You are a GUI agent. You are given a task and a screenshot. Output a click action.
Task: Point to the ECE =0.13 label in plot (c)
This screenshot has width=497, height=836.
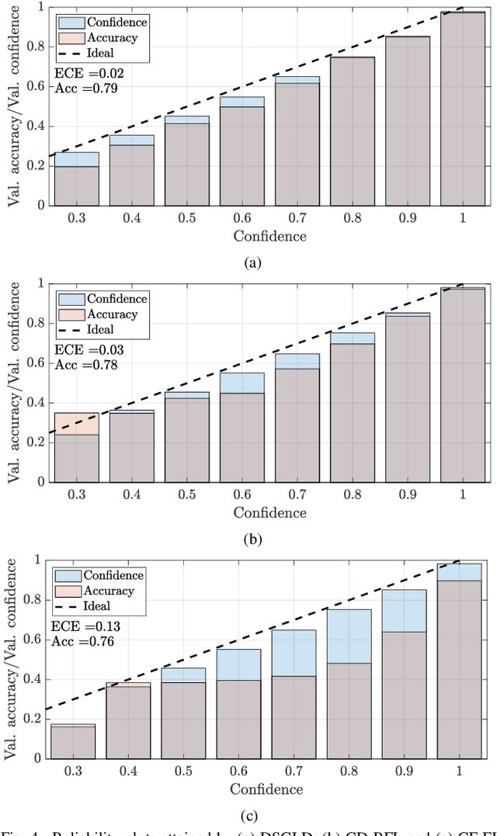[76, 626]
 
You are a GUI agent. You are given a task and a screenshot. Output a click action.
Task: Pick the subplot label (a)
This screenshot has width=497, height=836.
[252, 264]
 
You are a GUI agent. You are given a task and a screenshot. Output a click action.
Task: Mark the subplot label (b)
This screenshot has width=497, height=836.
[252, 540]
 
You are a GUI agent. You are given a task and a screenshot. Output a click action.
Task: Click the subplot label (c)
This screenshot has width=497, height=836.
[249, 816]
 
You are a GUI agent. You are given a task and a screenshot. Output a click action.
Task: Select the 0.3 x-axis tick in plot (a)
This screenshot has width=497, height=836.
[76, 219]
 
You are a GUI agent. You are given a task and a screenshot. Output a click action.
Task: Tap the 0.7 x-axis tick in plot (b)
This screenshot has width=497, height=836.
[297, 495]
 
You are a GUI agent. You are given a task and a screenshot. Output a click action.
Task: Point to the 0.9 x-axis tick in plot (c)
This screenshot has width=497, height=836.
[404, 772]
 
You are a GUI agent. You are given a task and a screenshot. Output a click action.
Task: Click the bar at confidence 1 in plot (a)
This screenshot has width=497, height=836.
[463, 109]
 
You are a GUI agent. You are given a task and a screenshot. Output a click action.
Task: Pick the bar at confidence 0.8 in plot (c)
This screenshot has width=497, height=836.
[348, 683]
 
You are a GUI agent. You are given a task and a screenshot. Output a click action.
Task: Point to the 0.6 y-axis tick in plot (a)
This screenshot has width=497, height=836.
[34, 87]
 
